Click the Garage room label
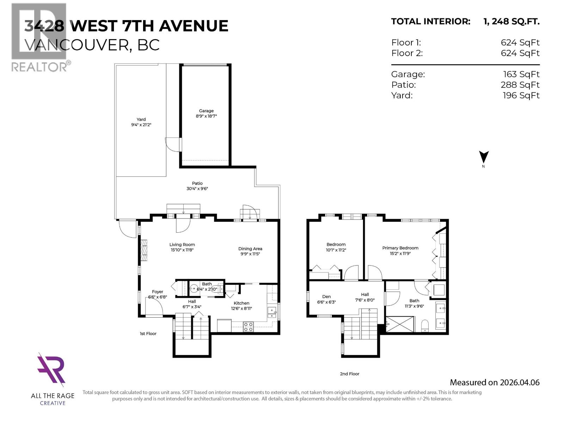(x=206, y=111)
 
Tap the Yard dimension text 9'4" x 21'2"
(x=141, y=125)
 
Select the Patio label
(x=197, y=183)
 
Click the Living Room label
(x=182, y=244)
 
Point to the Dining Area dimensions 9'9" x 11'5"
(x=250, y=254)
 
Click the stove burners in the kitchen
(x=248, y=326)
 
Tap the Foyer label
(x=158, y=292)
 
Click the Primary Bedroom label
(x=400, y=248)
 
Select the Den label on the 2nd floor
(x=326, y=296)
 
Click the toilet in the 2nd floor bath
(x=425, y=325)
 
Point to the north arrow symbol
(x=484, y=157)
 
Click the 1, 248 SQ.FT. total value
(x=511, y=22)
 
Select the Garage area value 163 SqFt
(x=521, y=74)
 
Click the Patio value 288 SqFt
(x=520, y=85)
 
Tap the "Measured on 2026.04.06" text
(x=495, y=382)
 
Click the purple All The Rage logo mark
(x=52, y=369)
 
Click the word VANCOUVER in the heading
(x=77, y=45)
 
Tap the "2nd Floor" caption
(x=349, y=374)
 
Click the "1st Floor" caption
(x=148, y=333)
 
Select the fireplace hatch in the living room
(x=144, y=250)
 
